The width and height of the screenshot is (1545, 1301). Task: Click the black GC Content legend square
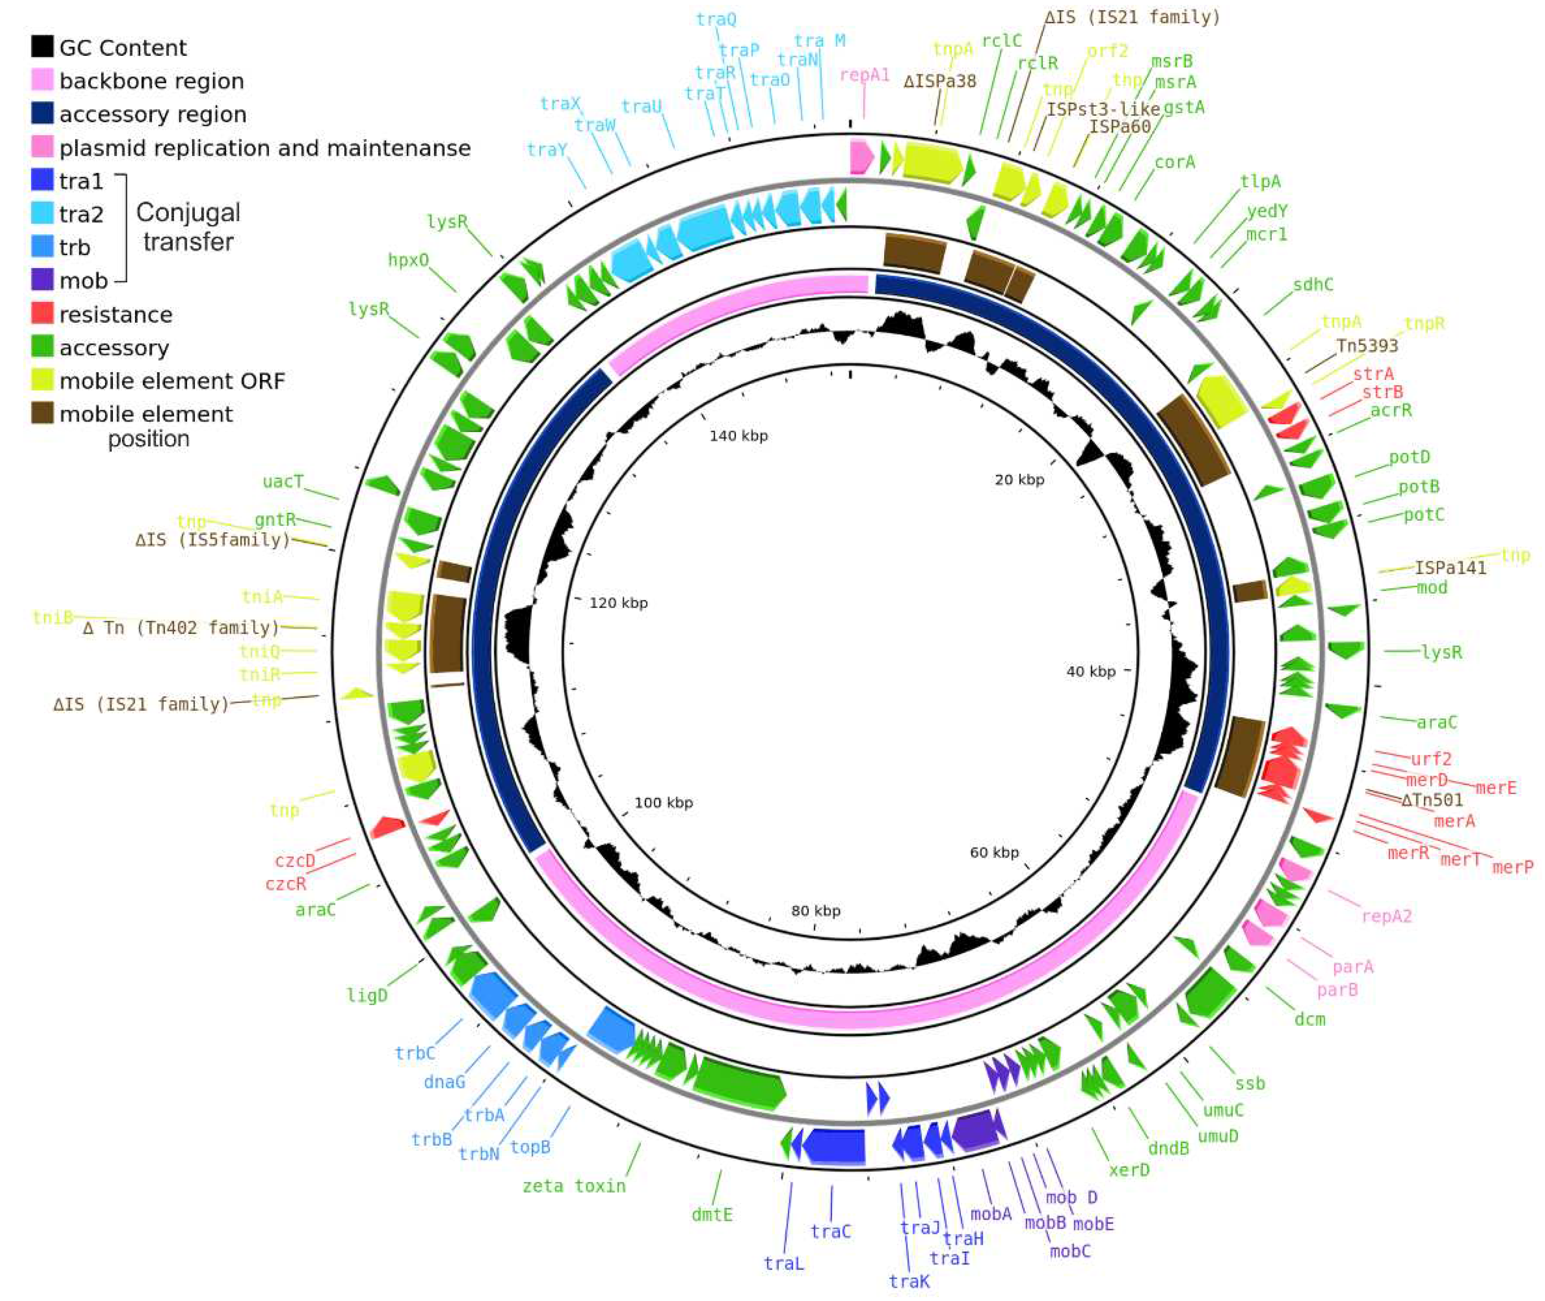pos(42,46)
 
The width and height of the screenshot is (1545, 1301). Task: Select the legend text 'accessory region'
pos(153,114)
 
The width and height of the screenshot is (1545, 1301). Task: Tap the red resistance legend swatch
pos(42,313)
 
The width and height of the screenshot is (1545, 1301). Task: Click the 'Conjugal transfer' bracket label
pos(188,227)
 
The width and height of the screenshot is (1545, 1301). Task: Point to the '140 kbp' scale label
pos(738,436)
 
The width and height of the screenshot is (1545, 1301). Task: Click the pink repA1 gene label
pos(865,75)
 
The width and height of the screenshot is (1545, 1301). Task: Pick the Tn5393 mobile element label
pos(1367,345)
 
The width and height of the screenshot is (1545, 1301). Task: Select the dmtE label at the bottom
pos(711,1214)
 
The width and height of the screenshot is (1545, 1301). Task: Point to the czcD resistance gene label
pos(295,861)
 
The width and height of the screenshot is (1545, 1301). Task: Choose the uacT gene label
pos(282,482)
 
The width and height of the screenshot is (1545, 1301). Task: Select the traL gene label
pos(783,1263)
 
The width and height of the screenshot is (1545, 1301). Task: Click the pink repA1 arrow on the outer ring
pos(861,157)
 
